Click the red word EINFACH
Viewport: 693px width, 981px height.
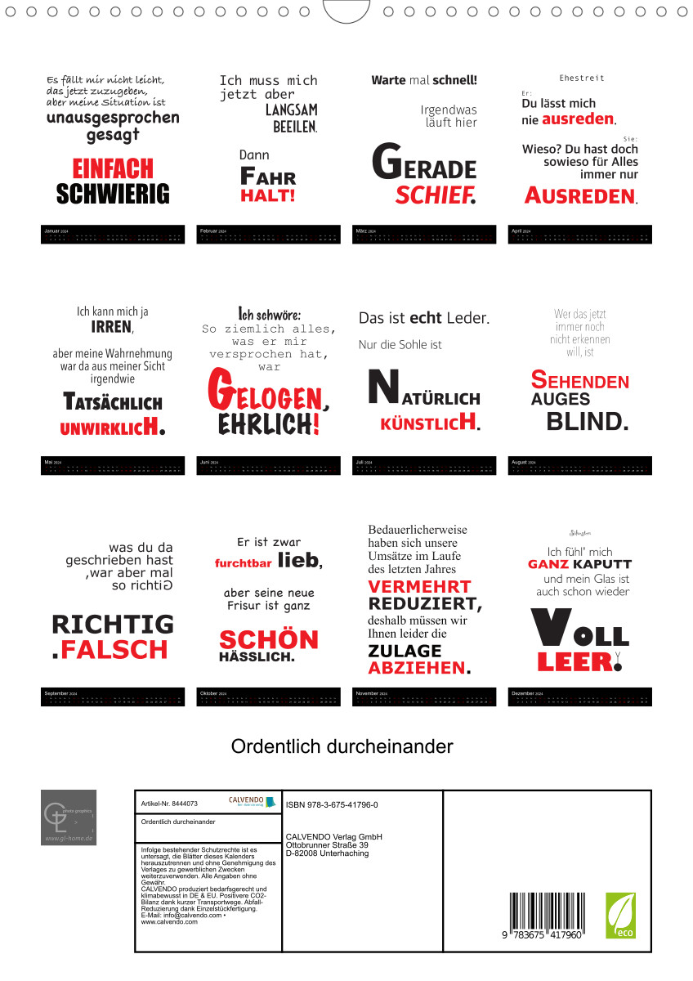pyautogui.click(x=113, y=168)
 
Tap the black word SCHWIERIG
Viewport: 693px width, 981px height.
pyautogui.click(x=113, y=194)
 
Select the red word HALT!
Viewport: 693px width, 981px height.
pyautogui.click(x=267, y=195)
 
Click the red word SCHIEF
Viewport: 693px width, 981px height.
pyautogui.click(x=435, y=195)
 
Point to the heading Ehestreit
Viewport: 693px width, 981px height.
pyautogui.click(x=582, y=78)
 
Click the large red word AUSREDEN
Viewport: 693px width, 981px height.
pyautogui.click(x=579, y=196)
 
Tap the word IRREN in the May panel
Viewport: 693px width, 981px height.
pyautogui.click(x=112, y=327)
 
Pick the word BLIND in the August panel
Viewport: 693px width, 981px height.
pyautogui.click(x=587, y=422)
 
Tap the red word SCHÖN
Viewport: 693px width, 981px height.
pyautogui.click(x=268, y=639)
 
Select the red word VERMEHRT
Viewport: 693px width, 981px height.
pyautogui.click(x=419, y=587)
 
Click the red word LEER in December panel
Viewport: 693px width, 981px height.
pyautogui.click(x=575, y=661)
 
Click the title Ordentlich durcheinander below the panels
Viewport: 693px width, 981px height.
pyautogui.click(x=342, y=746)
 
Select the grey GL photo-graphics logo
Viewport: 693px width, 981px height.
pyautogui.click(x=69, y=817)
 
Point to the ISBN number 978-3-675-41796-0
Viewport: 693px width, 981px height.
pyautogui.click(x=332, y=805)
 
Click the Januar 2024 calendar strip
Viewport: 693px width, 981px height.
pyautogui.click(x=113, y=235)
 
